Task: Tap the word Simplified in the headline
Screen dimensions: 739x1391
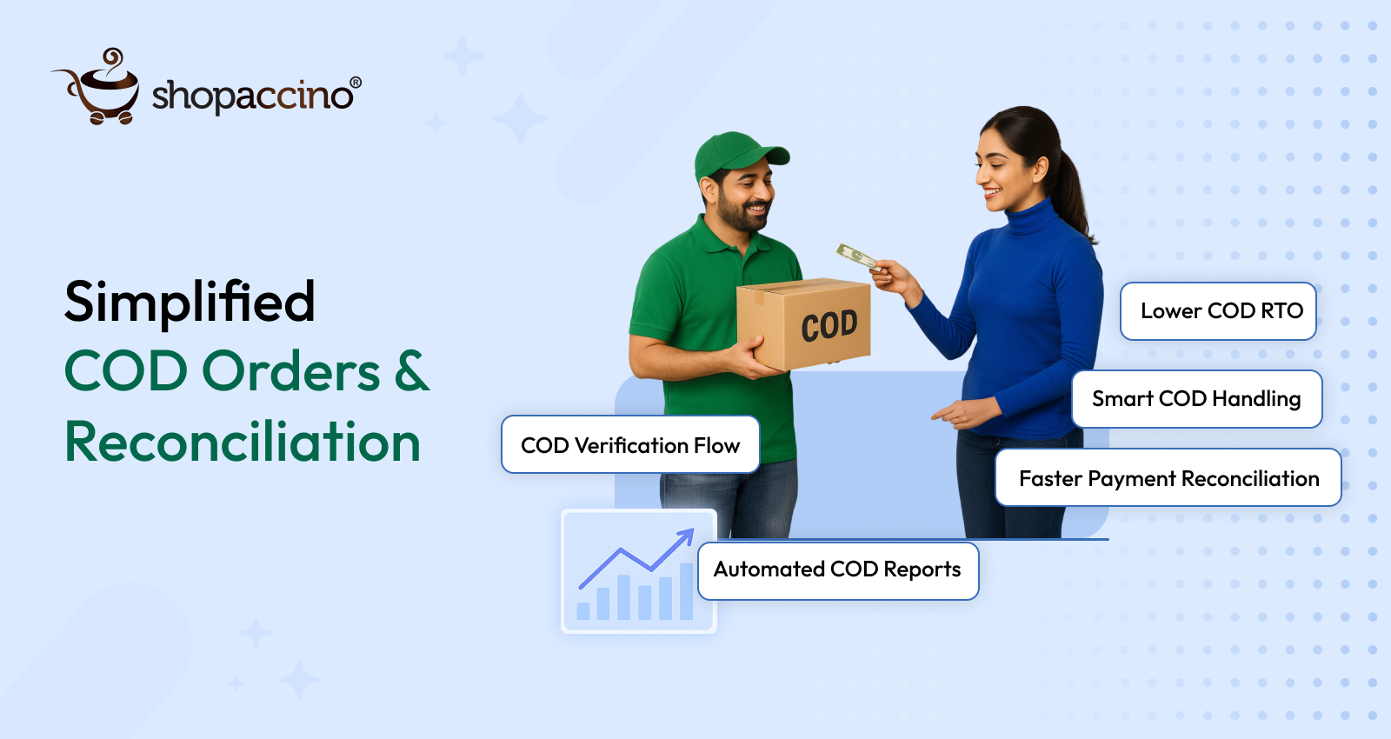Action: coord(190,302)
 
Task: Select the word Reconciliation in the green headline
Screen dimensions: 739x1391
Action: coord(243,442)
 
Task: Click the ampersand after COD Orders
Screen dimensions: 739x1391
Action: coord(412,371)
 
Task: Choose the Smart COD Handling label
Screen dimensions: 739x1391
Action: coord(1196,399)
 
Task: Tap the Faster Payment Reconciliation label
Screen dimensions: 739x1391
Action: coord(1168,478)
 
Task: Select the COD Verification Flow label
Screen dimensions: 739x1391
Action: coord(630,445)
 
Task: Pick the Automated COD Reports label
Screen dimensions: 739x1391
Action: coord(837,570)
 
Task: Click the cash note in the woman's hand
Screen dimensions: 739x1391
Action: coord(857,256)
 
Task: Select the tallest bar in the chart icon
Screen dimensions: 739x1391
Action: coord(686,591)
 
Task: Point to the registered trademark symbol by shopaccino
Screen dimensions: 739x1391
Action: coord(355,83)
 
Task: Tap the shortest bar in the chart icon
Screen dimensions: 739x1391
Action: coord(583,610)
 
